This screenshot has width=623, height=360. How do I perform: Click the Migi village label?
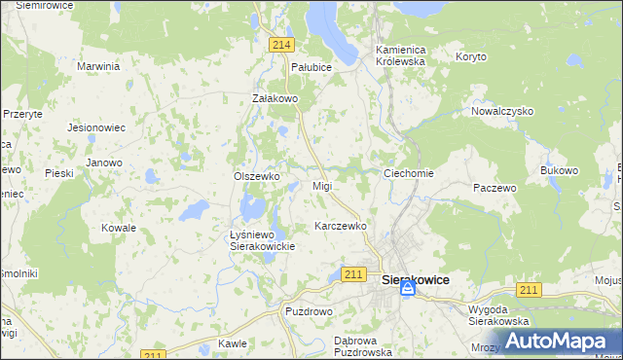322,186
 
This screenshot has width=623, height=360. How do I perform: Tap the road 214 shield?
282,45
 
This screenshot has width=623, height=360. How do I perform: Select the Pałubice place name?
311,67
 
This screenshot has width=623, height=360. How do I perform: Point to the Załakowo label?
274,98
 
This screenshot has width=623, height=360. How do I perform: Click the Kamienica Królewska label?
401,54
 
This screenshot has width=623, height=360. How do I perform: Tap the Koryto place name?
470,56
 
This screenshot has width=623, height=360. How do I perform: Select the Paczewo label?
494,187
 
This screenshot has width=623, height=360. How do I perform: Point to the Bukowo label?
559,170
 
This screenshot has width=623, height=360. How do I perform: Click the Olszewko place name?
257,176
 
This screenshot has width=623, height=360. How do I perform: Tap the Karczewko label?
340,226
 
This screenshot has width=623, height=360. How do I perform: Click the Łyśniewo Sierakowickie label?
261,241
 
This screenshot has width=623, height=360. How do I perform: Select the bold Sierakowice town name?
416,279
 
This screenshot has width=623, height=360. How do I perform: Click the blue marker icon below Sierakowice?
410,288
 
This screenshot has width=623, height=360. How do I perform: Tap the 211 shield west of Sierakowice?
354,275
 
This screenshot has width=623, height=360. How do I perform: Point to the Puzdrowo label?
309,311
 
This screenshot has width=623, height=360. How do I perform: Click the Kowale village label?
119,228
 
